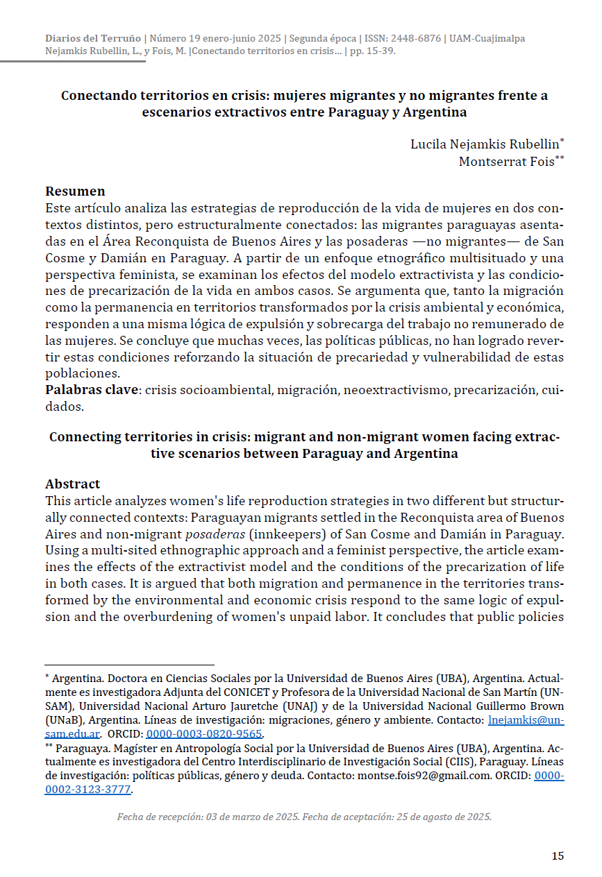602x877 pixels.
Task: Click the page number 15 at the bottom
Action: point(558,855)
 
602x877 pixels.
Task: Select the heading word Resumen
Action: point(75,191)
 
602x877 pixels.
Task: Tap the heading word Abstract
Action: point(72,484)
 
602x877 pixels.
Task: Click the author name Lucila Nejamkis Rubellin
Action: point(484,144)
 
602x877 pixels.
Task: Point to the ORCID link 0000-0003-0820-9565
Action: point(204,733)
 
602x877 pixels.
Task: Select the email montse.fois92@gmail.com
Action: point(415,776)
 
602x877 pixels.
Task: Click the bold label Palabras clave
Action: point(92,389)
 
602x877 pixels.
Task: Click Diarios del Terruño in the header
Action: point(92,38)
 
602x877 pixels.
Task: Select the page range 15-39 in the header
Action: point(378,51)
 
